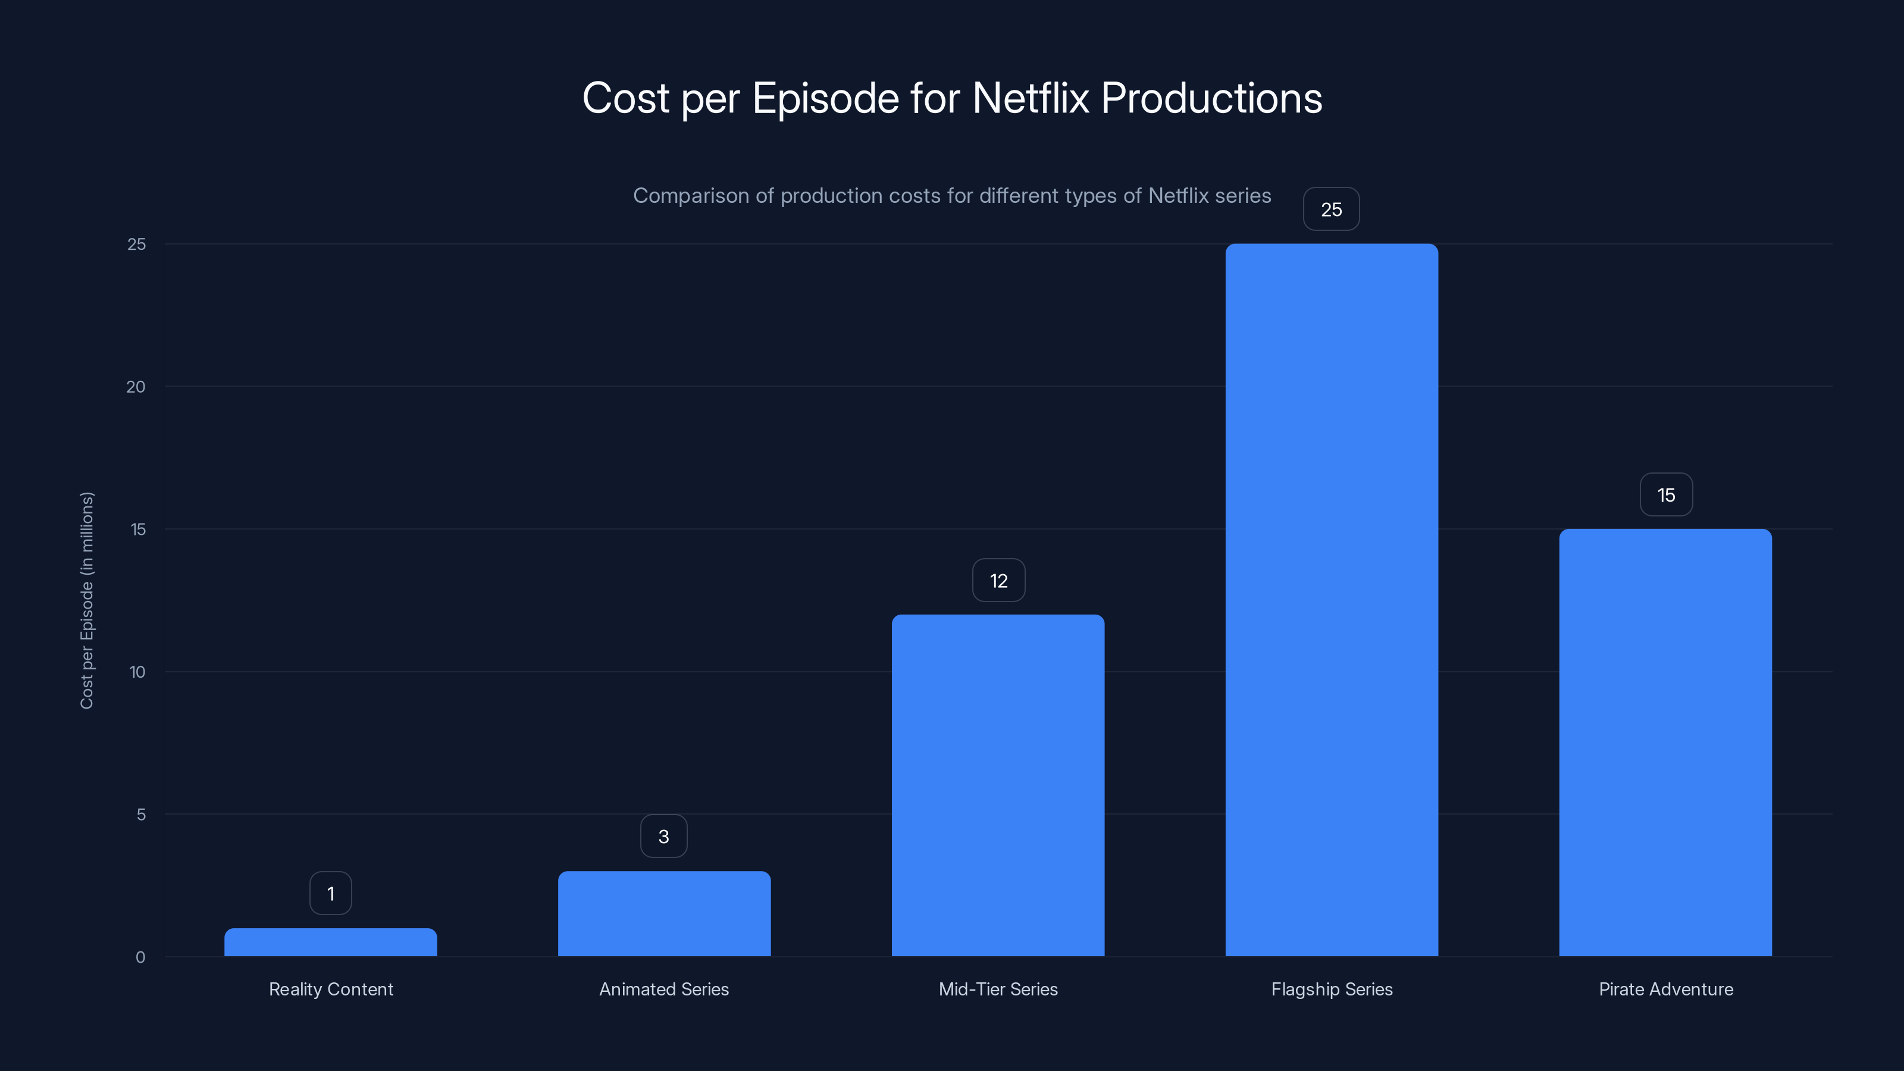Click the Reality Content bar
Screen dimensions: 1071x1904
(x=330, y=942)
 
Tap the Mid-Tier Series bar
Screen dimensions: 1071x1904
(x=998, y=785)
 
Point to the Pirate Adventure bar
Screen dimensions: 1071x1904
(x=1665, y=742)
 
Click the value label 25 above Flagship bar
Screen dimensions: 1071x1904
(x=1331, y=209)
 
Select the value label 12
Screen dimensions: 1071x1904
(x=998, y=580)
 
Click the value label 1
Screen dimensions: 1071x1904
(x=330, y=893)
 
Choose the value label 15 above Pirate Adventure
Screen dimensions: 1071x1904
(x=1666, y=494)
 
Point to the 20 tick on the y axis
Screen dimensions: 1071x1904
(x=136, y=387)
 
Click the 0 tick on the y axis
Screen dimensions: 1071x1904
(x=140, y=957)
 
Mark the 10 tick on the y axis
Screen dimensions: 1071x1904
(x=137, y=672)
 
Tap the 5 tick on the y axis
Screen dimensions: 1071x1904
(x=140, y=815)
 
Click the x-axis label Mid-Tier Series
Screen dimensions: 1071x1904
(x=998, y=989)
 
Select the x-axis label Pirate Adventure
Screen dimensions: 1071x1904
(x=1665, y=989)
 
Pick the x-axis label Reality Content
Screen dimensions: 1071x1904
(x=330, y=989)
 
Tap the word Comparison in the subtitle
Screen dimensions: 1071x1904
(x=690, y=196)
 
